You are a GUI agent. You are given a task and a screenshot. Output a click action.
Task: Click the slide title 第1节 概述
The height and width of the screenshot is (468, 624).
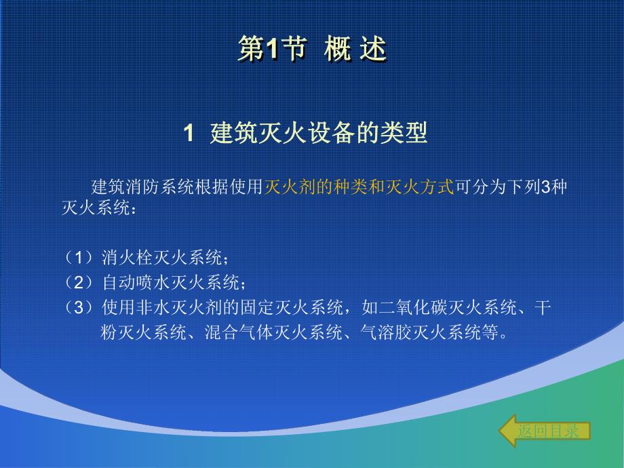coord(312,50)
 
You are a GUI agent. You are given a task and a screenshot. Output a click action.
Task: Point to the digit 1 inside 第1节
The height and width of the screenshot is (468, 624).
coord(271,50)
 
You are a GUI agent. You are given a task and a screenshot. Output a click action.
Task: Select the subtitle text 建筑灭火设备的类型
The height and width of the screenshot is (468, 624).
coord(319,133)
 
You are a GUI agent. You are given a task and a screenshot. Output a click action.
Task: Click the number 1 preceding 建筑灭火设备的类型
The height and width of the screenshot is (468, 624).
coord(190,134)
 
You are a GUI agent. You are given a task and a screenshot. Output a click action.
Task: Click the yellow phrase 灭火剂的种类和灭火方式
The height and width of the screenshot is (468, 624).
coord(358,188)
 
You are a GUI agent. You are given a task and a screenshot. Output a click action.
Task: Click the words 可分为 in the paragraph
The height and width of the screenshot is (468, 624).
coord(476,188)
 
